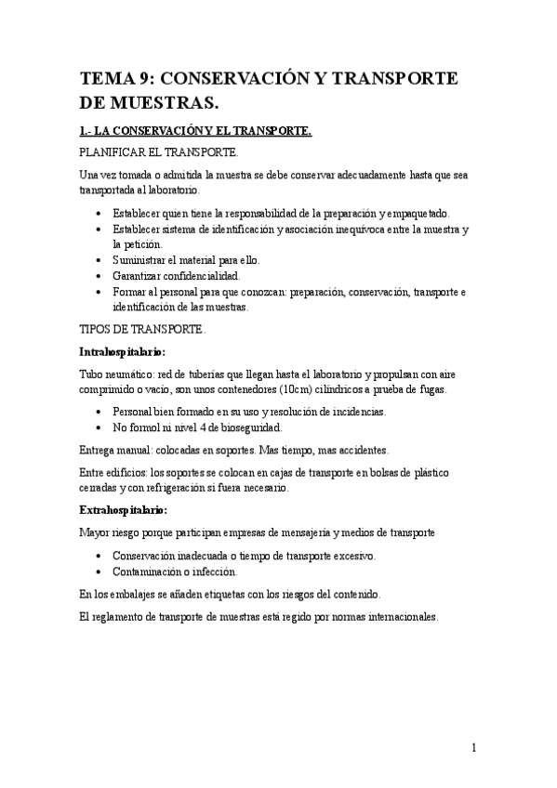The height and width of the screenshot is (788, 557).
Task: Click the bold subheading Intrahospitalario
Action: pos(123,352)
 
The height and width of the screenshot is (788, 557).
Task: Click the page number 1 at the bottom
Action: pos(474,747)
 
